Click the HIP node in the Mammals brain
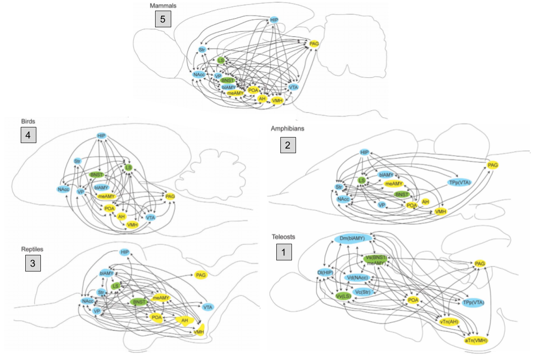click(274, 20)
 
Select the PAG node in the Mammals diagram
click(314, 44)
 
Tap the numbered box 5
click(163, 19)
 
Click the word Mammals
click(163, 6)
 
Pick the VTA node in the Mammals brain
click(293, 87)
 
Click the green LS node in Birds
click(128, 167)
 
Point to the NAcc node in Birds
click(63, 189)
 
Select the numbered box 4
click(28, 136)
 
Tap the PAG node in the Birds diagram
click(170, 196)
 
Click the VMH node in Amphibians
click(440, 211)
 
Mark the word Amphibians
click(287, 129)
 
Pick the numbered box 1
click(284, 252)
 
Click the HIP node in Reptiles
click(125, 252)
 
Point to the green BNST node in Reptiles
click(138, 302)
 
